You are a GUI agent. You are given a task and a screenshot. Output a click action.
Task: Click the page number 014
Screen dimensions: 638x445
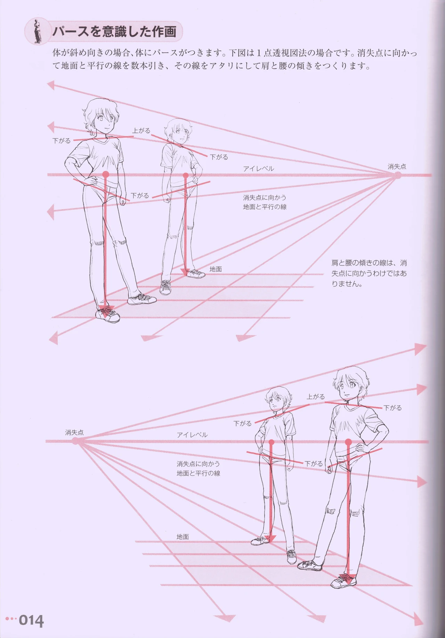pos(31,621)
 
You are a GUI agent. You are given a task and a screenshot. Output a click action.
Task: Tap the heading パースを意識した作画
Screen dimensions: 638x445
pos(114,32)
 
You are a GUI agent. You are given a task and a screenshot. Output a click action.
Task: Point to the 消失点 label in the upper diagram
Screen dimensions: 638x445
pos(397,167)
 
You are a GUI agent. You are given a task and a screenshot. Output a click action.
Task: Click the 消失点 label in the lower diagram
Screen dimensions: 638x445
pos(74,433)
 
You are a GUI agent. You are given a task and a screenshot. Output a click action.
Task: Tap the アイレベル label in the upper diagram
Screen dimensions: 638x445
pos(258,169)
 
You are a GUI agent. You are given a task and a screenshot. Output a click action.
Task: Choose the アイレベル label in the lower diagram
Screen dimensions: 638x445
pos(192,435)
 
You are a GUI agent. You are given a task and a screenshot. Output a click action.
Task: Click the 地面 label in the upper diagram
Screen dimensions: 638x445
pos(216,269)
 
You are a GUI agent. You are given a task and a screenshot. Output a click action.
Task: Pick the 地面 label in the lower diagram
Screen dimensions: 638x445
pos(183,537)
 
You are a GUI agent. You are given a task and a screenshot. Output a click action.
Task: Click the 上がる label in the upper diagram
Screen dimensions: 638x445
pos(141,131)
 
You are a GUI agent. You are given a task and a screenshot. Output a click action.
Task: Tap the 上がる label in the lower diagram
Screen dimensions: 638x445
pos(316,397)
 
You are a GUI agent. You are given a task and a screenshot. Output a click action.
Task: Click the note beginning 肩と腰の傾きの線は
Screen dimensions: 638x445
pos(369,273)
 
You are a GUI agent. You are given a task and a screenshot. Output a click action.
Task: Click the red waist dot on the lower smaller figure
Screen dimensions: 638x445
pos(271,442)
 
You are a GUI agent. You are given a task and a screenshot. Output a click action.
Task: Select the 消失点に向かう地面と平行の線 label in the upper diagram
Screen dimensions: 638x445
pos(265,202)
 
